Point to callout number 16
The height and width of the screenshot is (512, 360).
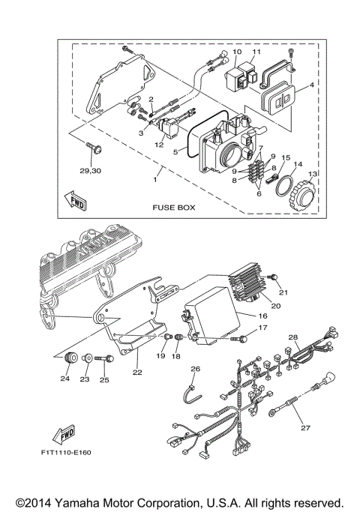[263, 316]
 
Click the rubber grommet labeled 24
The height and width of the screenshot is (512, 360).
[73, 358]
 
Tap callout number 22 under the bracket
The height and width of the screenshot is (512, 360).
[136, 371]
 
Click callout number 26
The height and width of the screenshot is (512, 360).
[195, 368]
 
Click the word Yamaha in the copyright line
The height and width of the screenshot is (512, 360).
[93, 502]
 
